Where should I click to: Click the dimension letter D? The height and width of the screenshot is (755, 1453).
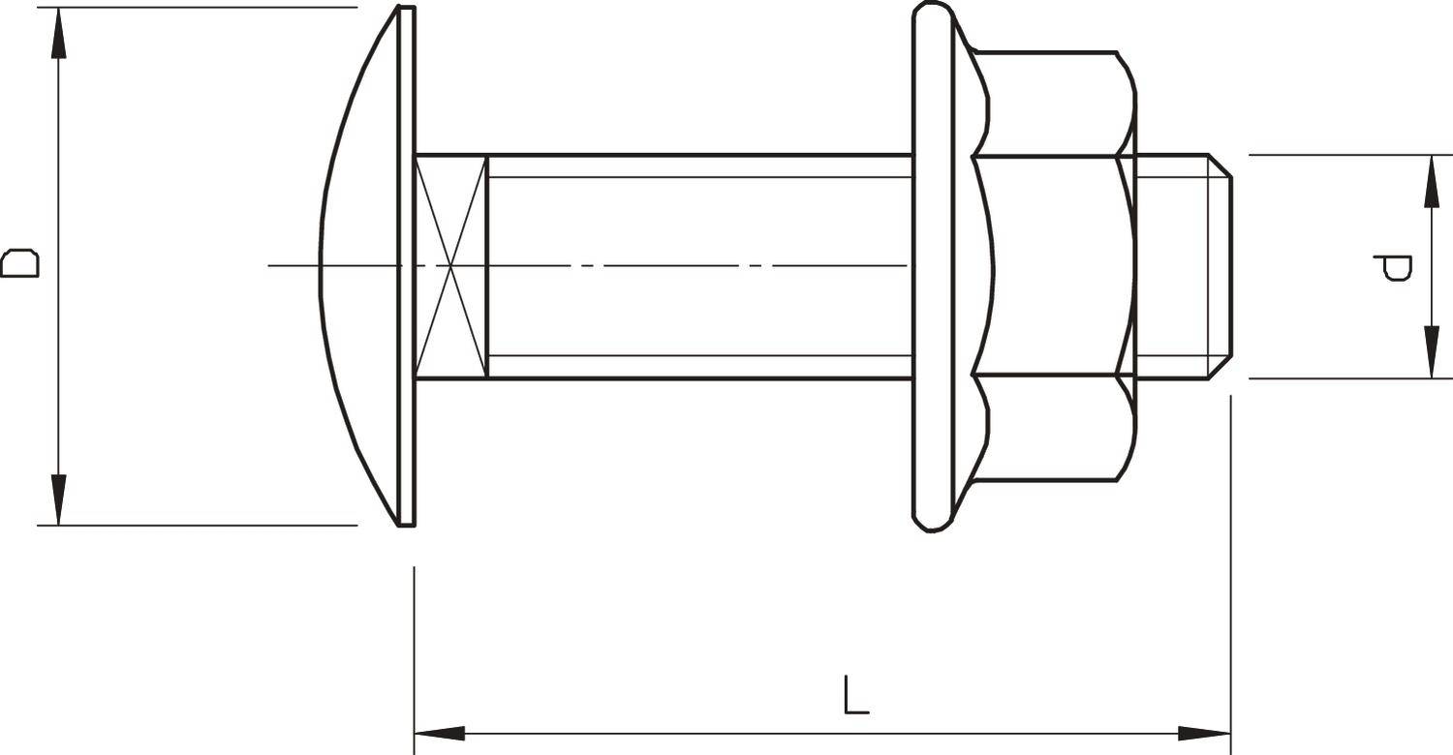(x=19, y=263)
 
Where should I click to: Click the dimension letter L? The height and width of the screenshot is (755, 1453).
(x=855, y=696)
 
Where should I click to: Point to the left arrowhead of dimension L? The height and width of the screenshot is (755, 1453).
(x=438, y=734)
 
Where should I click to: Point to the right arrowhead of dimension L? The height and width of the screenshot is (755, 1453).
(x=1206, y=734)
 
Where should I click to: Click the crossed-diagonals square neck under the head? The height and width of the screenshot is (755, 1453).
(x=450, y=266)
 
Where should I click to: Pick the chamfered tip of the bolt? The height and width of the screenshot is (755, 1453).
(x=1221, y=266)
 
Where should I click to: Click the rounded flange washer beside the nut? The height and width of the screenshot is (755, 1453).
(x=932, y=266)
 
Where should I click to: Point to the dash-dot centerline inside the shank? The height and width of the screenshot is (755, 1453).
(x=678, y=265)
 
